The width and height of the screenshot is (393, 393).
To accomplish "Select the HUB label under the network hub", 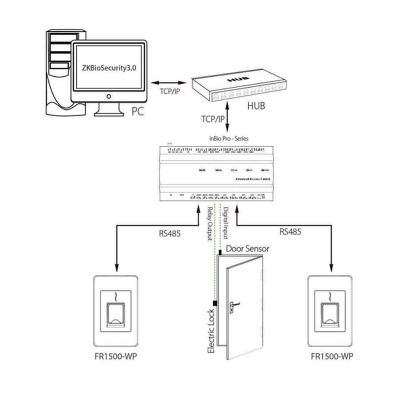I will (x=255, y=106).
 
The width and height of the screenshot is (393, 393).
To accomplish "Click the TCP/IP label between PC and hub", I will (x=170, y=91).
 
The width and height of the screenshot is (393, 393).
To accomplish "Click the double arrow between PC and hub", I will (x=169, y=83).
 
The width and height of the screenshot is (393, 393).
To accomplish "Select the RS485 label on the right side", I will (x=290, y=231).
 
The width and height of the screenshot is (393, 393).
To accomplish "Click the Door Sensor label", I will (x=248, y=249).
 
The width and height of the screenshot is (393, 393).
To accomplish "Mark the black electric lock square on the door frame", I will (x=215, y=303).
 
